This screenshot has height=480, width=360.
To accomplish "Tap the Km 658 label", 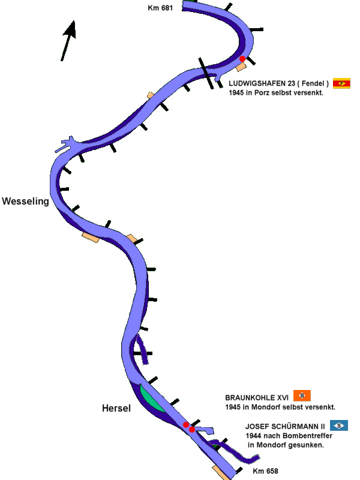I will click(x=265, y=471).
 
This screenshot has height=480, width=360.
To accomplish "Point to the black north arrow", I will click(x=68, y=40).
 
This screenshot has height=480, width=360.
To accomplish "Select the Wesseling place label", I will click(x=25, y=202).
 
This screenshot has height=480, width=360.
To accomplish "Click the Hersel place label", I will click(x=116, y=409).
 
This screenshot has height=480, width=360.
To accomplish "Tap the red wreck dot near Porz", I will click(x=242, y=59).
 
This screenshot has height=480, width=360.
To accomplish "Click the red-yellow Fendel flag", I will click(x=341, y=83).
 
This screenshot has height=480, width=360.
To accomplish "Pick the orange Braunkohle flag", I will click(x=302, y=395).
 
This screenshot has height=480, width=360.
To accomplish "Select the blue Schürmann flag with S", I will click(x=339, y=425).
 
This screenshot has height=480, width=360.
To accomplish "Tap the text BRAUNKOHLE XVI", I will click(x=257, y=398).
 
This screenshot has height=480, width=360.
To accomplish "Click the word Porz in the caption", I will click(x=264, y=93).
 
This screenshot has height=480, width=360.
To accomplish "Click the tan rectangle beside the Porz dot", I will click(x=241, y=67).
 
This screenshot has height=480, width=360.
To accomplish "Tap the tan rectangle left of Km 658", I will click(x=221, y=472).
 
